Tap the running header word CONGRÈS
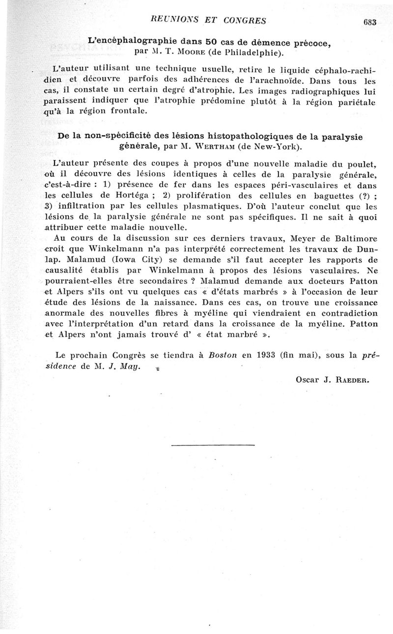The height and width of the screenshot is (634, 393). [x=243, y=20]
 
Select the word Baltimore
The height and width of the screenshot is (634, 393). [x=352, y=239]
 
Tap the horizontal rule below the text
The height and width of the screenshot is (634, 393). [x=213, y=445]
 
